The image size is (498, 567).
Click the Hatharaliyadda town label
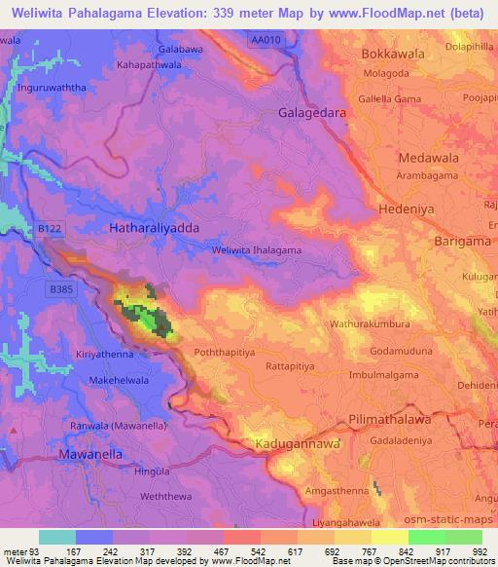pos(155,227)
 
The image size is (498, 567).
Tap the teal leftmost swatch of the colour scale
pos(56,537)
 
